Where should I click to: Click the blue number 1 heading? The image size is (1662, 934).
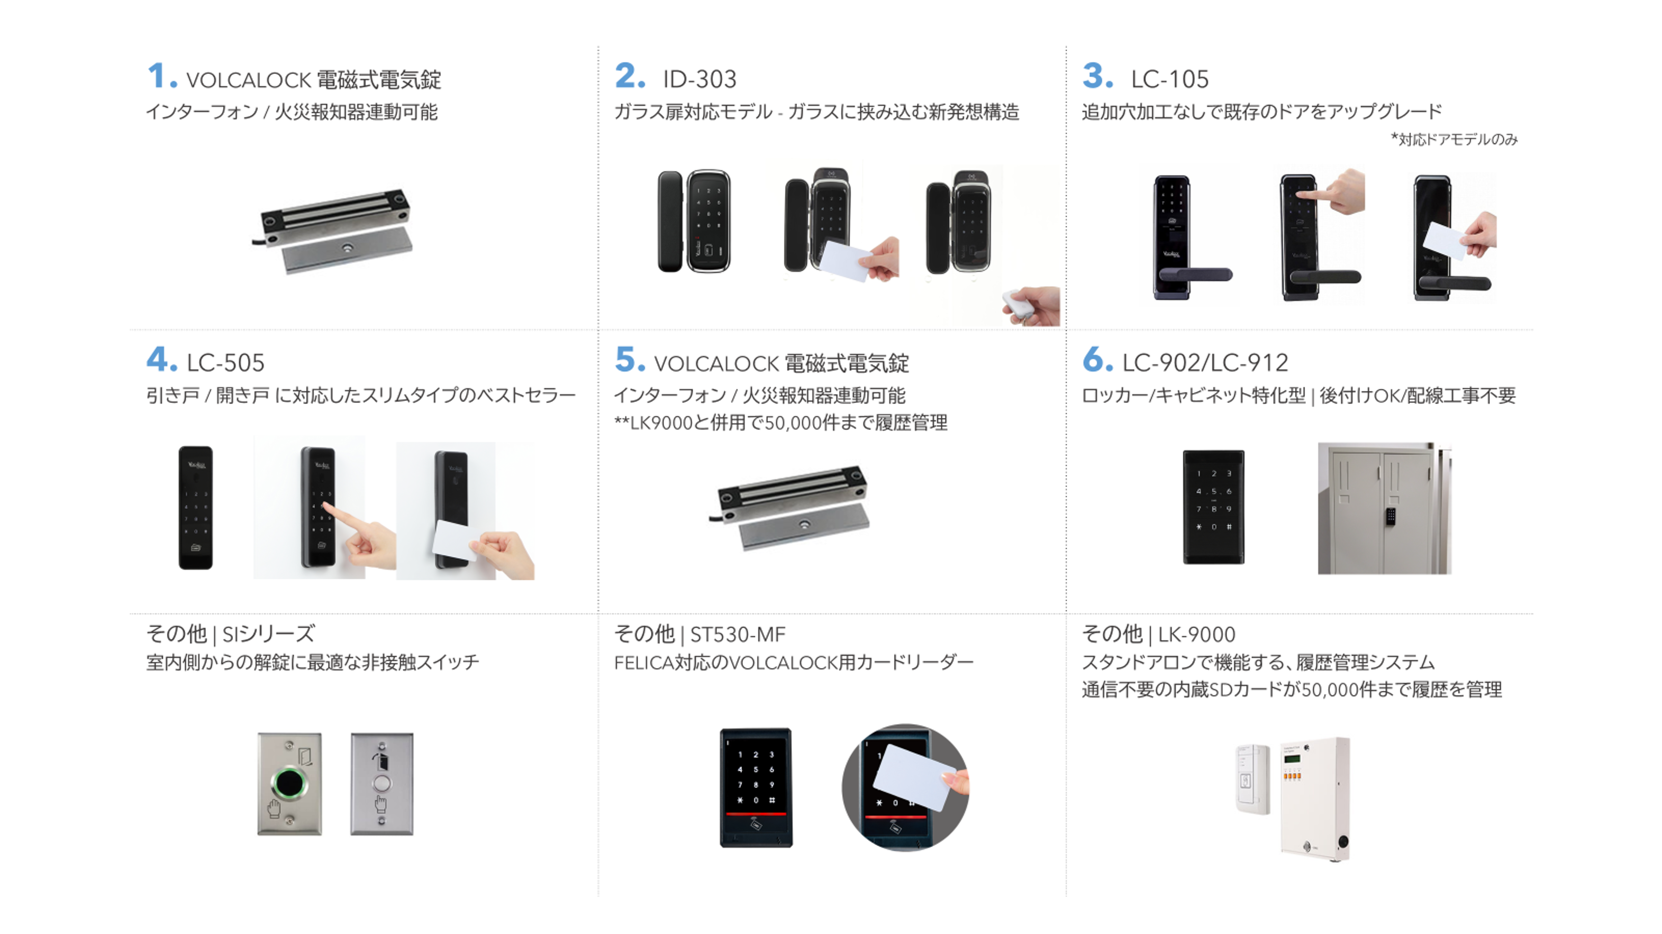pos(162,76)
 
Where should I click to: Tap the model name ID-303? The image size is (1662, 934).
pos(700,79)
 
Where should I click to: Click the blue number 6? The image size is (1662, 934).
pos(1097,359)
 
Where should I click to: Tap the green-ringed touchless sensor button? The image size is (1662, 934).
pos(289,783)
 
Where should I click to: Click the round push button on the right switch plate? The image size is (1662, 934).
pos(382,784)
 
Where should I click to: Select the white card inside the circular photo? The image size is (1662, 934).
pos(914,777)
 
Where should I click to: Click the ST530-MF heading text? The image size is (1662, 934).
pos(738,635)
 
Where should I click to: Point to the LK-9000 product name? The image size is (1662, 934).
pos(1196,635)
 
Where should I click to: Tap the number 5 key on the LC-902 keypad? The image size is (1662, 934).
pos(1214,491)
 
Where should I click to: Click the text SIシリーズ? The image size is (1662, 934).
pos(268,635)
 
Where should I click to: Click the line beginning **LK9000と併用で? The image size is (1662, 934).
pos(780,423)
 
